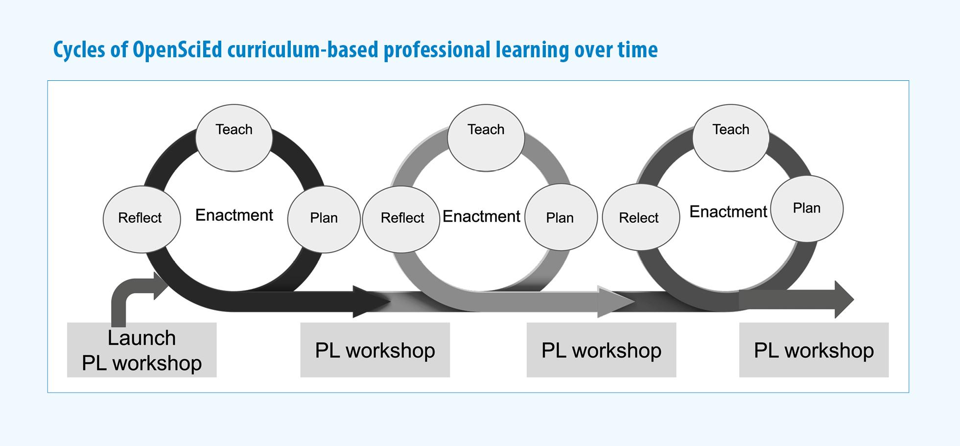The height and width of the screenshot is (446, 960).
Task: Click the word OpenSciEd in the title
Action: click(177, 50)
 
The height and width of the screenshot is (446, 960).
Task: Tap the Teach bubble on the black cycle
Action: click(234, 138)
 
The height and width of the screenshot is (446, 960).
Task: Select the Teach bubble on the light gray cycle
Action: click(486, 138)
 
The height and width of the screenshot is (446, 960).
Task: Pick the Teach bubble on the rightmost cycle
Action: click(731, 138)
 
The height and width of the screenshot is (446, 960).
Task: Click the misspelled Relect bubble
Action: click(641, 218)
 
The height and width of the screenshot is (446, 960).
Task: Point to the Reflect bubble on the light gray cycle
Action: click(401, 219)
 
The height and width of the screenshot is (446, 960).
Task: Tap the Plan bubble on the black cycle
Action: click(324, 219)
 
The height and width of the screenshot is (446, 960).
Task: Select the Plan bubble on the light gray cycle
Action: click(561, 217)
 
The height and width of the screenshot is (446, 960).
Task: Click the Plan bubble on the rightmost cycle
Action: click(807, 209)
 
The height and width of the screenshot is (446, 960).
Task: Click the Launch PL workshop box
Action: click(142, 350)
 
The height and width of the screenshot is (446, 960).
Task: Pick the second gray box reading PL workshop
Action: click(375, 350)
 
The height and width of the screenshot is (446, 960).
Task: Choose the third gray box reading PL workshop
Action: click(601, 350)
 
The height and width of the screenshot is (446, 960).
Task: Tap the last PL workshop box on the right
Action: click(814, 350)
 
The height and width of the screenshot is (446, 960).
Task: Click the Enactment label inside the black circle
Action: click(234, 215)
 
